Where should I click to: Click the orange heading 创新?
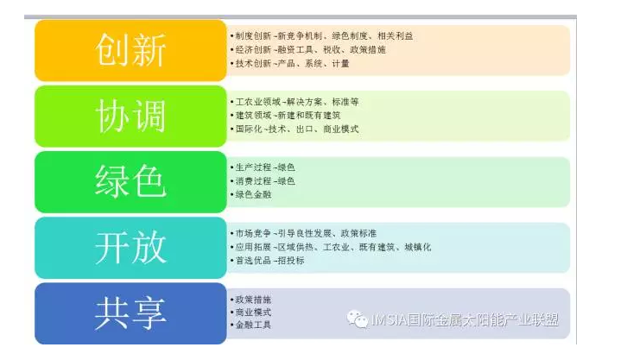(x=130, y=50)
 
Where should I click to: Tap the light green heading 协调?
(x=130, y=116)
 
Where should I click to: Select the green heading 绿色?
(x=130, y=182)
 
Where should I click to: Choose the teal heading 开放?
(x=130, y=247)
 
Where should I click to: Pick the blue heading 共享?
(x=130, y=313)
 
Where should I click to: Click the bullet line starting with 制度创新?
(x=321, y=36)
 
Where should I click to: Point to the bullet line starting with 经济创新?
(x=308, y=49)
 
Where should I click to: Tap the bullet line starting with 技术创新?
(x=289, y=63)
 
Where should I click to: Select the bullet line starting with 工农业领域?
(x=294, y=102)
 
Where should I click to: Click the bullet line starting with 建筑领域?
(x=285, y=116)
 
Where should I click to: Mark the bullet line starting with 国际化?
(x=294, y=129)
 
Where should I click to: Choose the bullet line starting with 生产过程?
(x=263, y=167)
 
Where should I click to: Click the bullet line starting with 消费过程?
(x=263, y=181)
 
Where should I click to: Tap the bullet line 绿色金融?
(x=250, y=194)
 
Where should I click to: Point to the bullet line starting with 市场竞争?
(x=303, y=233)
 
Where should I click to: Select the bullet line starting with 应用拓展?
(x=331, y=247)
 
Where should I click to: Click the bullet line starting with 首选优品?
(x=267, y=261)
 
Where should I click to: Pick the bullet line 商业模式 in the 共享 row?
(x=250, y=312)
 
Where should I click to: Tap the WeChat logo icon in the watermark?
(x=357, y=319)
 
